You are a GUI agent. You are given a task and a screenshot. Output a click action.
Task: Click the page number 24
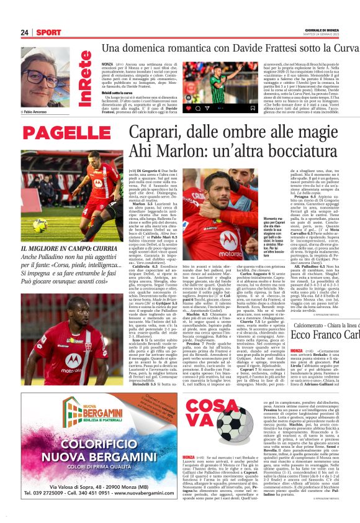25,32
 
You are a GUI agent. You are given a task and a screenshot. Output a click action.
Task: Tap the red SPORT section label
48,32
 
